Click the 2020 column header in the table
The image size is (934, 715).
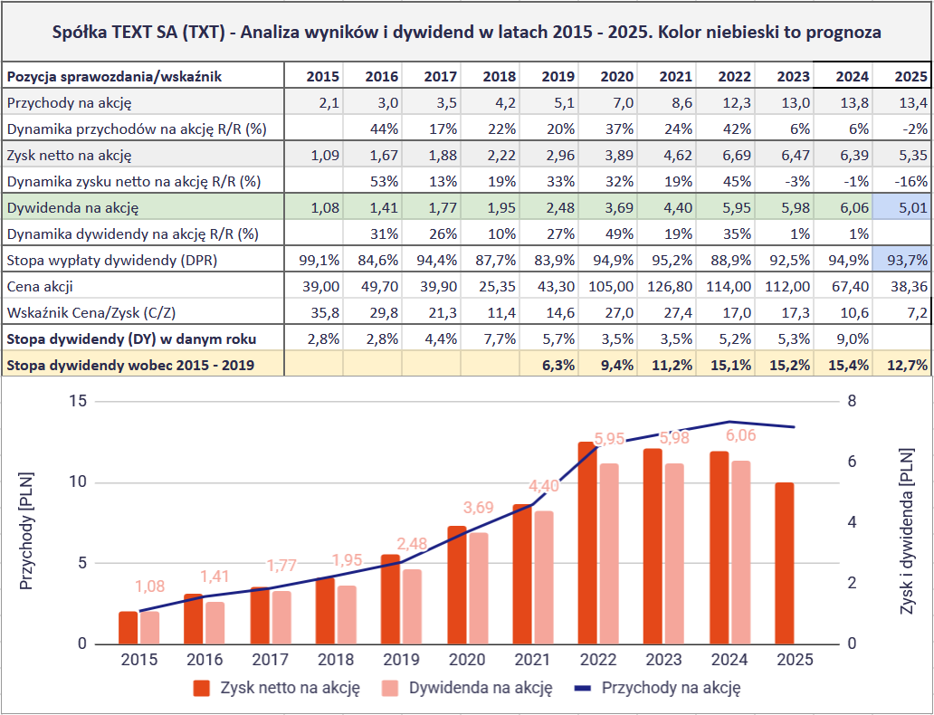[612, 76]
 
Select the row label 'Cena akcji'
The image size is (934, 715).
[40, 287]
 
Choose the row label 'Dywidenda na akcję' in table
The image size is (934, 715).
[71, 208]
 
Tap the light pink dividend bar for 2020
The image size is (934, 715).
[479, 588]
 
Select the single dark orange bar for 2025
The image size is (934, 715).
[784, 563]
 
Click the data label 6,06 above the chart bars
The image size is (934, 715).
[739, 435]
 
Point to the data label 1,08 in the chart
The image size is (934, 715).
[150, 586]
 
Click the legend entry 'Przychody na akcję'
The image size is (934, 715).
[671, 688]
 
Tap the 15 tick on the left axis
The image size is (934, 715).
[76, 401]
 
